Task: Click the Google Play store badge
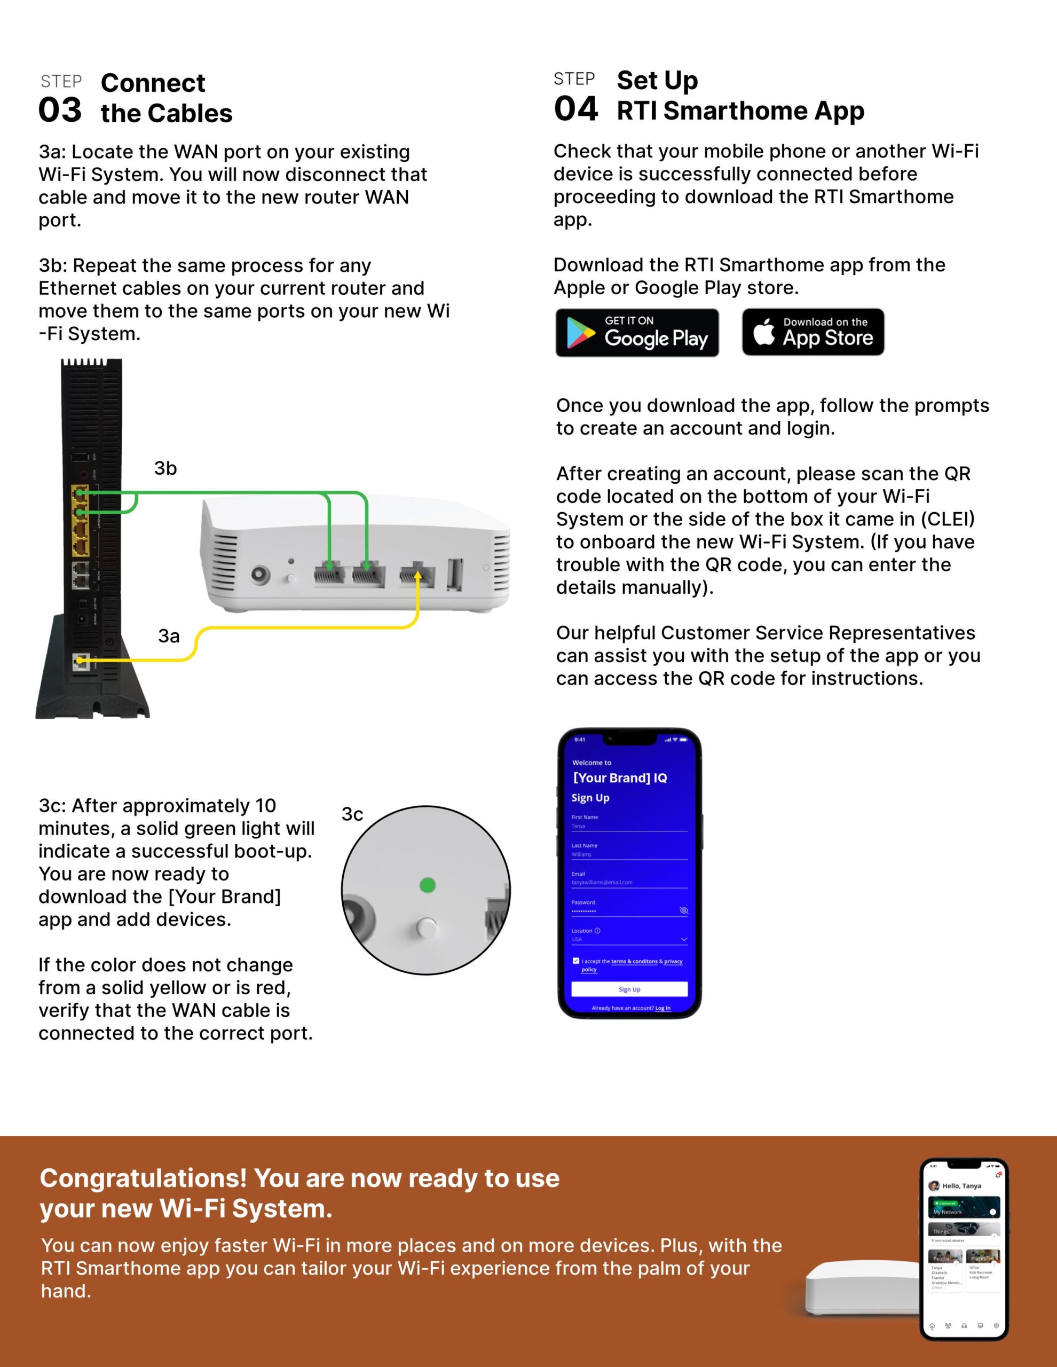point(636,332)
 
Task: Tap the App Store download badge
point(813,332)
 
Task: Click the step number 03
point(60,110)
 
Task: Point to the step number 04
point(576,108)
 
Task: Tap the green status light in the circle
point(428,885)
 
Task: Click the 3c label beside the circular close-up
point(352,814)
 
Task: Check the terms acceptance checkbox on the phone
point(576,961)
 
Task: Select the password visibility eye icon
point(683,910)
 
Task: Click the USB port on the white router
point(455,574)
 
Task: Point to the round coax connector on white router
point(261,575)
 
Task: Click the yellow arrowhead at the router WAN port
point(418,575)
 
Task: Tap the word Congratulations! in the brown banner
point(143,1178)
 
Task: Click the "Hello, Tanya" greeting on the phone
point(961,1185)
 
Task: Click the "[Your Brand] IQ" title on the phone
point(620,778)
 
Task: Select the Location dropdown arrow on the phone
point(683,939)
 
